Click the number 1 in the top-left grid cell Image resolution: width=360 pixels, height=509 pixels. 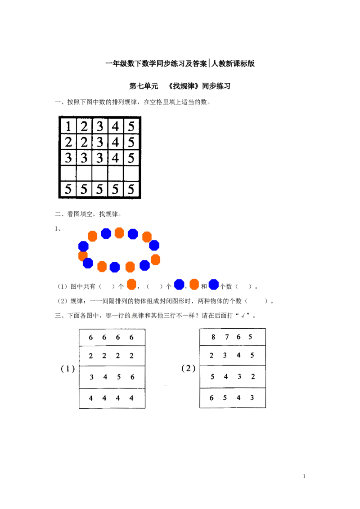pos(68,126)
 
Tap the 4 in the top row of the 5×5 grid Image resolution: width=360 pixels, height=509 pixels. pos(115,126)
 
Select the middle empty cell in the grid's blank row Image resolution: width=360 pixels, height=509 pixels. pos(100,174)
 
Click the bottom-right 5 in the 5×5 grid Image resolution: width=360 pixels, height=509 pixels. pos(131,189)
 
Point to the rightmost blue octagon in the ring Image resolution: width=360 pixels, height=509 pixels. pos(154,245)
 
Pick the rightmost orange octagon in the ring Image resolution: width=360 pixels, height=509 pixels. pos(156,260)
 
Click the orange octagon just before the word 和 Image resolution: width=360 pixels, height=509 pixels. pos(194,284)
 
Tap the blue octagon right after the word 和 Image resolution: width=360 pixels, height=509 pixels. pos(213,284)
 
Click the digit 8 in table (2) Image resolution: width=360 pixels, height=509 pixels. pos(213,337)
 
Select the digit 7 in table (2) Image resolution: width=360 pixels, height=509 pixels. pos(227,337)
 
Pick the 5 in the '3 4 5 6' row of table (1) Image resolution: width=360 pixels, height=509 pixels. pos(119,377)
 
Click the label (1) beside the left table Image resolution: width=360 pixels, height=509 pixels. pos(68,368)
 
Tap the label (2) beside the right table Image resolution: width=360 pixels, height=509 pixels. pos(189,368)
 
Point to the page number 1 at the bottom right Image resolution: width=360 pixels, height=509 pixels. pos(304,476)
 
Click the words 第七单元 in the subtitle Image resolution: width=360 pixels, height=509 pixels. pos(144,86)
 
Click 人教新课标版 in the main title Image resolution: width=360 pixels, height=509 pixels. pos(233,64)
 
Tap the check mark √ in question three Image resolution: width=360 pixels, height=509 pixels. pos(243,316)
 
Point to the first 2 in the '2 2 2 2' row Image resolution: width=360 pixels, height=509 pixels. pos(90,356)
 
